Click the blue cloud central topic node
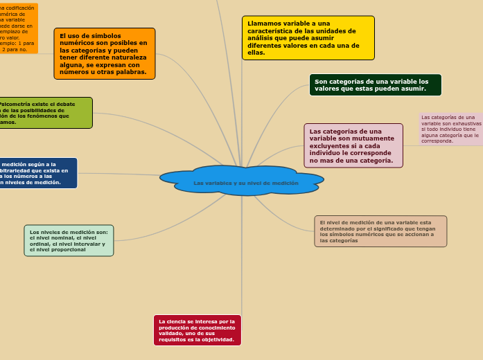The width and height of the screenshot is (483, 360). pos(242,181)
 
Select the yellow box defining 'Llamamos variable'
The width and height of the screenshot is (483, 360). pos(308,38)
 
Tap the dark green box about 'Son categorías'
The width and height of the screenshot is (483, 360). pos(375,84)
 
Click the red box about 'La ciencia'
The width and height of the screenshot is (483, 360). pos(197,330)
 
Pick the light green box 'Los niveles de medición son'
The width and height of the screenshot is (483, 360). pos(69,240)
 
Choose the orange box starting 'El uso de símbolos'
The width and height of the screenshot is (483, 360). pos(105,53)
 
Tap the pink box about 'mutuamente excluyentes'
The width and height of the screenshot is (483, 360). pos(353,145)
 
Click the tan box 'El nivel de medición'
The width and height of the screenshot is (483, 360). pos(380,231)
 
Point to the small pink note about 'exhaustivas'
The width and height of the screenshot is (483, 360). pos(450,129)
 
